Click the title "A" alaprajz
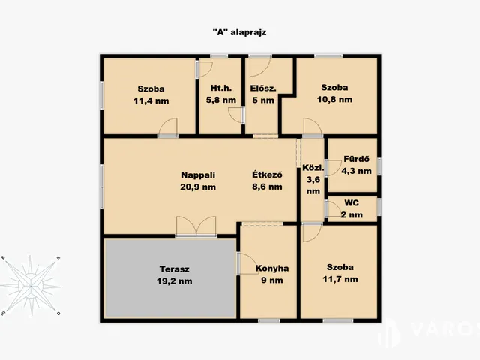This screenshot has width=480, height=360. pos(239,32)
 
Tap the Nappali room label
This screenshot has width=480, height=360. pos(198,175)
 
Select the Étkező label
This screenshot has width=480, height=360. pos(267,175)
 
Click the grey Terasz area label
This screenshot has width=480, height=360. pos(175,269)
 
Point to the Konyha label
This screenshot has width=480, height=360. pos(272,268)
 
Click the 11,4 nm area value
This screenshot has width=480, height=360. pos(151,100)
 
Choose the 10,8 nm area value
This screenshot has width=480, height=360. pos(334,99)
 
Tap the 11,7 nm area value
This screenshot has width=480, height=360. pos(340,279)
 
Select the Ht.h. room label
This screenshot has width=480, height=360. pos(221,88)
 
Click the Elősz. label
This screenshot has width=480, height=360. pos(263,88)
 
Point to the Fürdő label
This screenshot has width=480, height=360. pos(357,159)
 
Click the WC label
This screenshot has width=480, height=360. pos(352,203)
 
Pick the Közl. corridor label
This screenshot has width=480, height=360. pos(313,168)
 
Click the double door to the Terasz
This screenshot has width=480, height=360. pos(196,226)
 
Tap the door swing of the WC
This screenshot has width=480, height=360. pos(334,209)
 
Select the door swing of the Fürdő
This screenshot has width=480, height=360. pos(334,168)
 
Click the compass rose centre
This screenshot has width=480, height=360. pos(31,286)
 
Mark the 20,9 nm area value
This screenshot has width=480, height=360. pos(198,187)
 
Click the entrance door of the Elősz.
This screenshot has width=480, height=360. pos(260,66)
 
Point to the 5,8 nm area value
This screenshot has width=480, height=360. pos(221,100)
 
